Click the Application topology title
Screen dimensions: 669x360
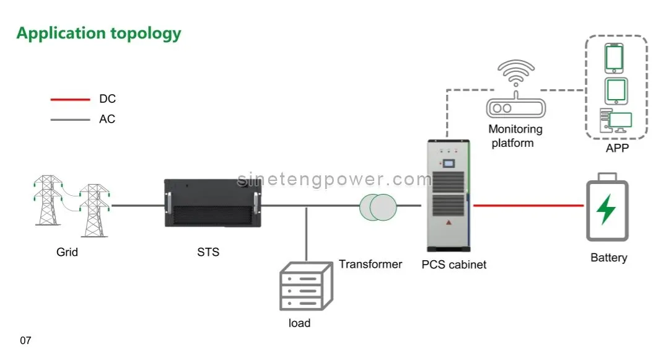point(98,33)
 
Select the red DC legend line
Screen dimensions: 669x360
point(70,99)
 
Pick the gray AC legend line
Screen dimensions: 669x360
point(70,119)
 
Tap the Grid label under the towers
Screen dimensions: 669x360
point(67,252)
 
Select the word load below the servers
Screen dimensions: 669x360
point(299,323)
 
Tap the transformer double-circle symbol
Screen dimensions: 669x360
point(378,207)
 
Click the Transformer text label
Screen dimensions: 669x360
point(370,264)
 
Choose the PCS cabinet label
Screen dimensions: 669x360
point(454,265)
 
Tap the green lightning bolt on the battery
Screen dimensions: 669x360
point(606,209)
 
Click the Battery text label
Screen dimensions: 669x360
point(608,258)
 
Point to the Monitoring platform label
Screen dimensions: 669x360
point(515,136)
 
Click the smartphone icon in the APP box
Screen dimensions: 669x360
point(614,58)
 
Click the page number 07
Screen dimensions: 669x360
point(25,340)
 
